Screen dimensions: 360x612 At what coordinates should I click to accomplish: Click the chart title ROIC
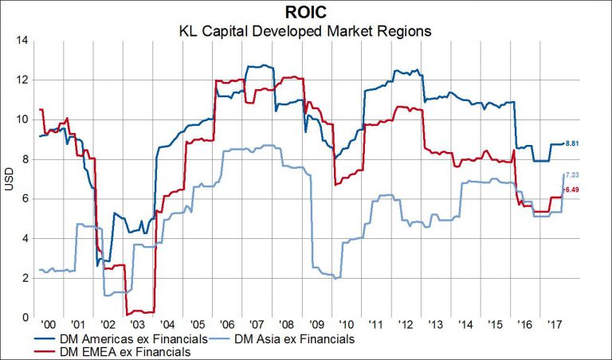pyautogui.click(x=305, y=12)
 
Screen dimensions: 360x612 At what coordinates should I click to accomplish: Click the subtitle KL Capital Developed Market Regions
pyautogui.click(x=305, y=32)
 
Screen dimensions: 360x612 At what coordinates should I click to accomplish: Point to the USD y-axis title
pyautogui.click(x=10, y=179)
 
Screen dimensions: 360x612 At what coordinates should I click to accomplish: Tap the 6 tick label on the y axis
pyautogui.click(x=25, y=199)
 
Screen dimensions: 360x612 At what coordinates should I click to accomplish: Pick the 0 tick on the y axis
pyautogui.click(x=25, y=318)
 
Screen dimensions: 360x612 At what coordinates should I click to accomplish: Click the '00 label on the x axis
pyautogui.click(x=49, y=326)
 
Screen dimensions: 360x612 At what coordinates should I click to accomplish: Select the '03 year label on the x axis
pyautogui.click(x=137, y=326)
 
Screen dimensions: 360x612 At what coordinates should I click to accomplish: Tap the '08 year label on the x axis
pyautogui.click(x=285, y=326)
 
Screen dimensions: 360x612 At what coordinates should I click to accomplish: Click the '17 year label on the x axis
pyautogui.click(x=552, y=326)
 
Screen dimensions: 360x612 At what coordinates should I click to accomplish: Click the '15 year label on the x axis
pyautogui.click(x=493, y=326)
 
